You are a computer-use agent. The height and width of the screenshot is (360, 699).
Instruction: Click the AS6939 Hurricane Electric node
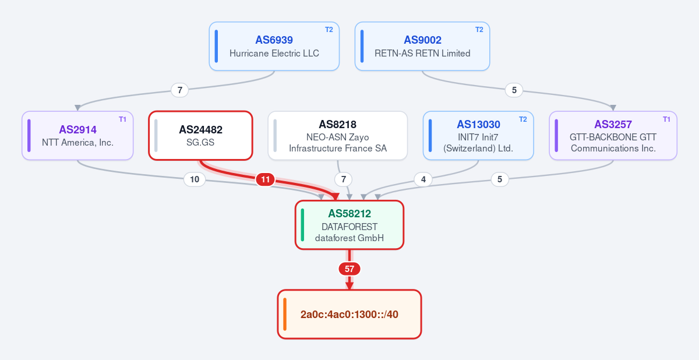(x=274, y=46)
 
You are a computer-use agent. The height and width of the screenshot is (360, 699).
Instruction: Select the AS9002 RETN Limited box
(x=422, y=46)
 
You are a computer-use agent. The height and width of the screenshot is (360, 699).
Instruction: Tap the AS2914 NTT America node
(x=77, y=136)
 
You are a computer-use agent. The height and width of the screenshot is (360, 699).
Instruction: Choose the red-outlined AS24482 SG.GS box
(x=200, y=136)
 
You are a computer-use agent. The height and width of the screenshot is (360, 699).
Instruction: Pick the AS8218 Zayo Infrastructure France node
(x=338, y=136)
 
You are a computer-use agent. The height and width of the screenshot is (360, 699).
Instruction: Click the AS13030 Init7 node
(x=478, y=136)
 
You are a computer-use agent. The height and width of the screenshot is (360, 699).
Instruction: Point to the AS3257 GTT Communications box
(x=613, y=136)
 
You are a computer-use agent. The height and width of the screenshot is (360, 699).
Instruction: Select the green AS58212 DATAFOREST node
(x=349, y=225)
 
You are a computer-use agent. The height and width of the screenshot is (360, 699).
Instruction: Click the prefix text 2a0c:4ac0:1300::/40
(x=349, y=315)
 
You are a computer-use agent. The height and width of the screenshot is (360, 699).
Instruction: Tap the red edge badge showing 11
(x=265, y=179)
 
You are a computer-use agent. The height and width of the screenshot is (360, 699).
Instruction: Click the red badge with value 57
(x=349, y=269)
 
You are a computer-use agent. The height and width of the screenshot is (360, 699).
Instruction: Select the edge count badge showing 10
(x=195, y=179)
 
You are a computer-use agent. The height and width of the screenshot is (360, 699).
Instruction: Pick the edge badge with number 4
(x=423, y=179)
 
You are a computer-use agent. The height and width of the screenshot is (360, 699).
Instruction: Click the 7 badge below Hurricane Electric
(x=180, y=90)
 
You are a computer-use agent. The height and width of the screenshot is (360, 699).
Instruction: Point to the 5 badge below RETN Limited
(x=514, y=90)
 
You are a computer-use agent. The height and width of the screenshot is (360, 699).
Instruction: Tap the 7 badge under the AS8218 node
(x=343, y=179)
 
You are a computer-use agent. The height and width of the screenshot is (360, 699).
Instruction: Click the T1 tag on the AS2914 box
(x=123, y=119)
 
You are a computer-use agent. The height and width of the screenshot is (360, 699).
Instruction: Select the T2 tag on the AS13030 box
(x=523, y=119)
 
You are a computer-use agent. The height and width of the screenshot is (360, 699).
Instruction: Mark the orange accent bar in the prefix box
(x=285, y=314)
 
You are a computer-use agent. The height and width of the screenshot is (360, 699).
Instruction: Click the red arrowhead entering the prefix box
(x=349, y=285)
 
